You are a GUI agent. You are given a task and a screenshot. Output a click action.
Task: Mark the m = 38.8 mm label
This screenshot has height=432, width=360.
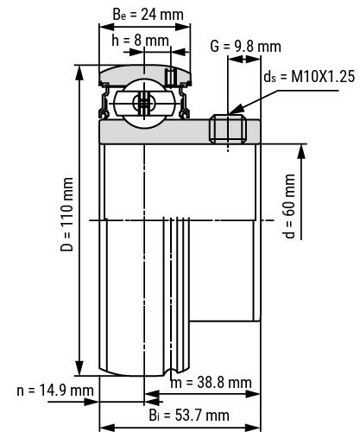pyautogui.click(x=211, y=381)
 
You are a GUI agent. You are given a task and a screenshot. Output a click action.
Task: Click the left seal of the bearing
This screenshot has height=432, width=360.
pyautogui.click(x=106, y=99)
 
